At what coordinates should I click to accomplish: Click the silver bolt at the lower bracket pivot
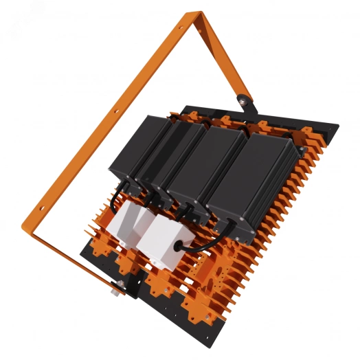pyautogui.click(x=115, y=285)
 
